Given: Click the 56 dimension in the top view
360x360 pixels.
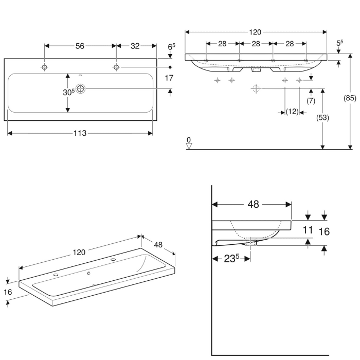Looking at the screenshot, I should point(80,46).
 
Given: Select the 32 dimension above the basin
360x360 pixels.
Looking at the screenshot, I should point(135,46).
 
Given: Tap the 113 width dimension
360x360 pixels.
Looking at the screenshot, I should point(80,133).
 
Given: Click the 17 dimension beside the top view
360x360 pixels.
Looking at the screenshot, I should point(168,78).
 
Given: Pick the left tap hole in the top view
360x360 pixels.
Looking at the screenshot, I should point(45,67).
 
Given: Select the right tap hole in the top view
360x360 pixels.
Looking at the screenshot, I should point(116,67).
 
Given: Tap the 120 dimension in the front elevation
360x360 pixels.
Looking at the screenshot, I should point(255,32).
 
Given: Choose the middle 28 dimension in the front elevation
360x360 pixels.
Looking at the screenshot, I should point(255,44).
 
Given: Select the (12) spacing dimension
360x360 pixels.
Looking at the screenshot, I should point(292,112).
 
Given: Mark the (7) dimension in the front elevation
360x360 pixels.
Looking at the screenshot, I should point(311,100).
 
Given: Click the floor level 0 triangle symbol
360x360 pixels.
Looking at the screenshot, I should point(189,145).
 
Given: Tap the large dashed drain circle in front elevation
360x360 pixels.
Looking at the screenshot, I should point(256,89).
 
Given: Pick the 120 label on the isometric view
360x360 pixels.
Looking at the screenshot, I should point(78,252).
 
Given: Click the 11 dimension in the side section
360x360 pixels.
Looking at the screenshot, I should point(308,230).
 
